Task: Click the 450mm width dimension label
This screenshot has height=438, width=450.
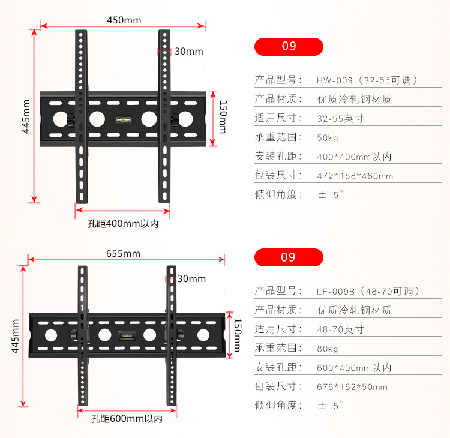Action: coord(124,20)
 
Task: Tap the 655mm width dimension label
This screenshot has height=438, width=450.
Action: coord(123,253)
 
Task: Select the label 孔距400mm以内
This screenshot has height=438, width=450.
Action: coord(123,224)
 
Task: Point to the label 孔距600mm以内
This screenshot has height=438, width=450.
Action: coord(127,418)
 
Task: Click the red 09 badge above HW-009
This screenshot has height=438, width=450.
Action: coord(289,46)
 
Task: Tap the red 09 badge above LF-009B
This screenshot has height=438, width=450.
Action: coord(289,257)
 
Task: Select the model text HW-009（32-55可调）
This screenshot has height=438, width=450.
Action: coord(367,80)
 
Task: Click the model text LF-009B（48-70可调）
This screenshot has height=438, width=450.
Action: coord(368,291)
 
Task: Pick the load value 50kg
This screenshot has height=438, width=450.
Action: coord(328,137)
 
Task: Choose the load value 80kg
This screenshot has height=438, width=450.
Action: coord(328,349)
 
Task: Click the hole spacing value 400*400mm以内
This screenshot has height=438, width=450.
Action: coord(354,157)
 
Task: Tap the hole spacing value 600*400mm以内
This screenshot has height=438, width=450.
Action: coord(354,368)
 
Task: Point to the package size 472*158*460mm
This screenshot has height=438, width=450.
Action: coord(355,176)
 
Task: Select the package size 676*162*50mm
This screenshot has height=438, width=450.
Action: coord(352,387)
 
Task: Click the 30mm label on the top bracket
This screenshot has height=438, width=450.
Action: coord(188,52)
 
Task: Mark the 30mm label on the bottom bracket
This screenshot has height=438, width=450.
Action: coord(191,278)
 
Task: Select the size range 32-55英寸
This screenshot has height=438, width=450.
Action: coord(340,118)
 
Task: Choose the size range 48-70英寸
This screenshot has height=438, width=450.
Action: coord(340,329)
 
